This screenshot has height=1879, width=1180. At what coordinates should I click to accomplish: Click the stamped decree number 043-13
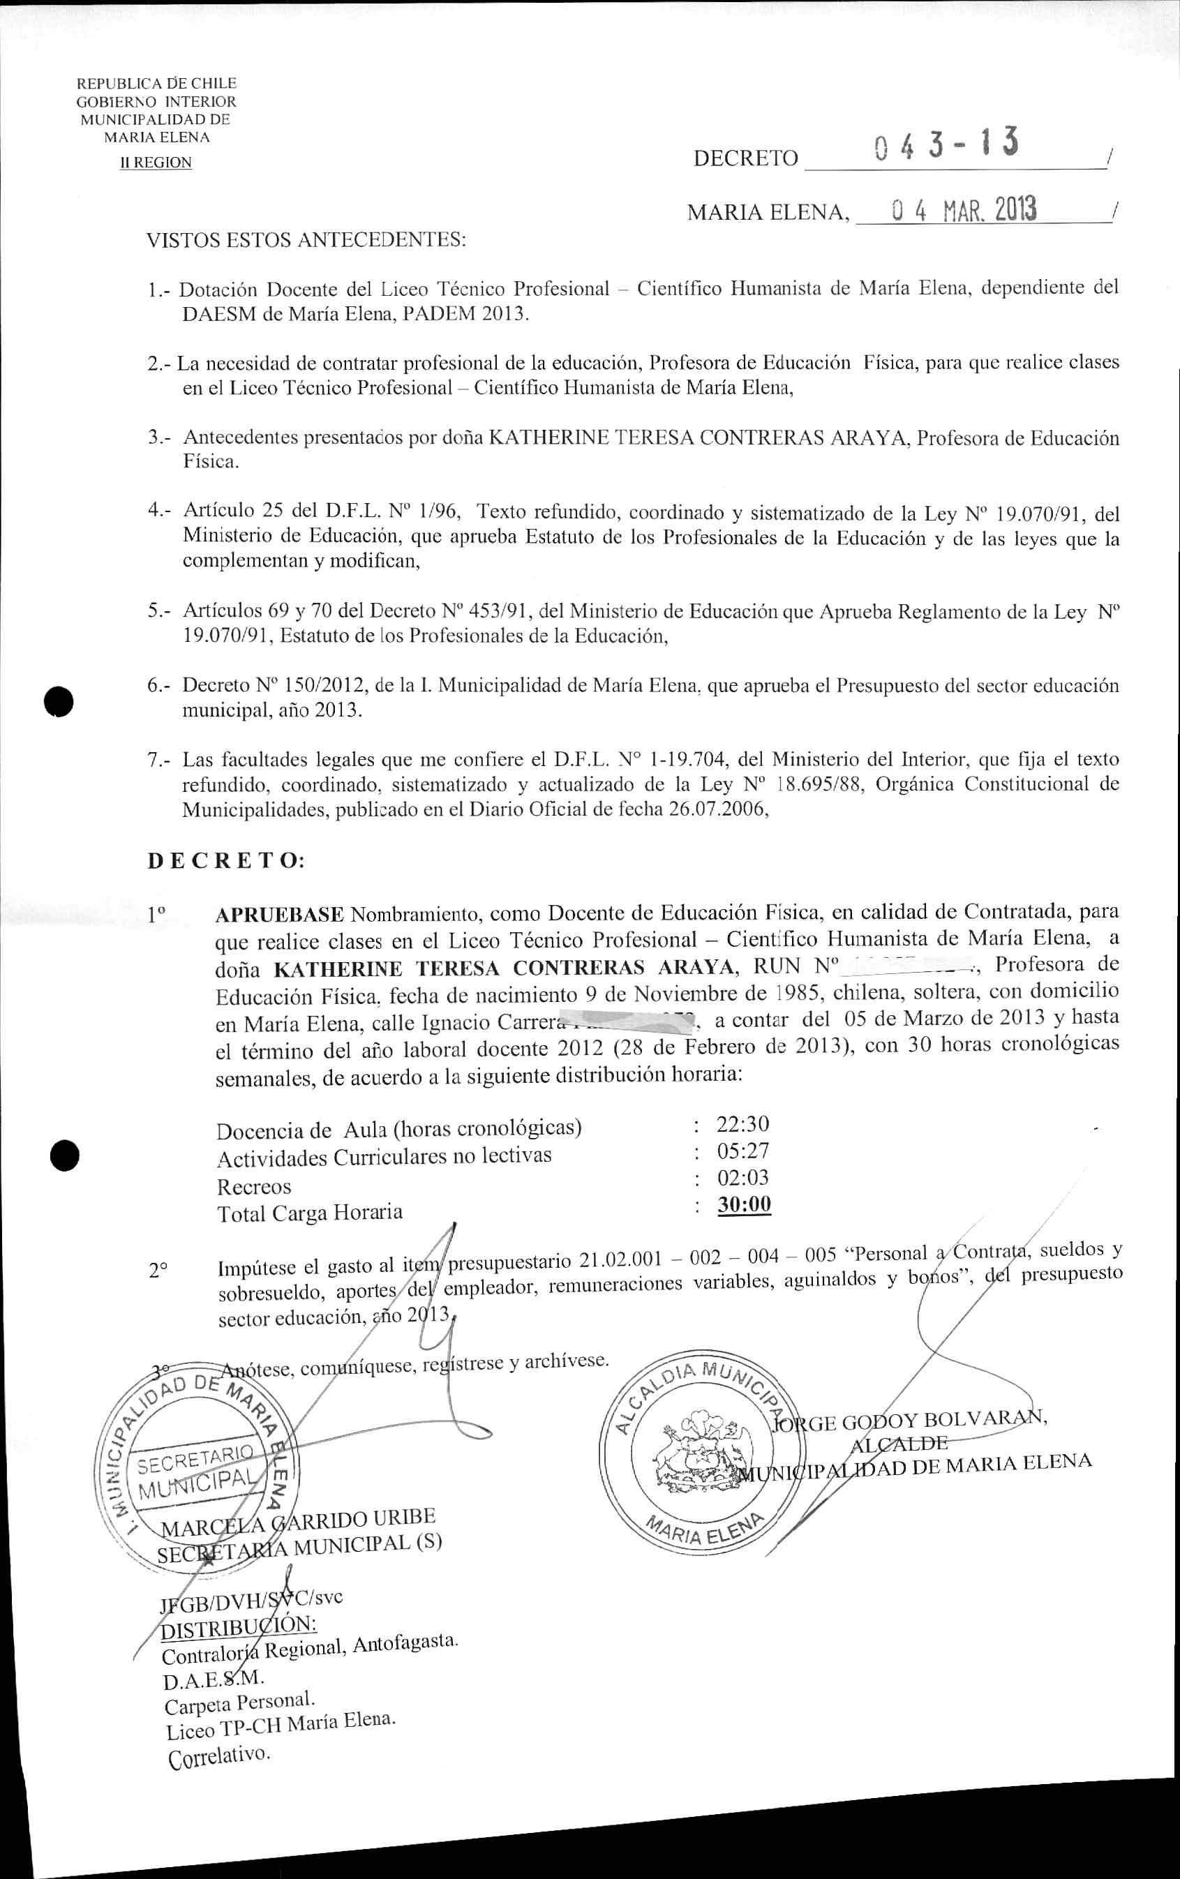(x=945, y=146)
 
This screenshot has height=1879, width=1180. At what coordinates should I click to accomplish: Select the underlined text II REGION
(x=156, y=163)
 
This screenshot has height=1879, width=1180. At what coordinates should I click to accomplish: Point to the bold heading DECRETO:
(x=226, y=861)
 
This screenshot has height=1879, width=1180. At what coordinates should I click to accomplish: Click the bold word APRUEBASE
(x=278, y=914)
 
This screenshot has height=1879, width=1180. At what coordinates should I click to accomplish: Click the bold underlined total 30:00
(x=744, y=1204)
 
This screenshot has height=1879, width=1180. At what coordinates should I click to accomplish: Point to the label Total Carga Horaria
(x=310, y=1213)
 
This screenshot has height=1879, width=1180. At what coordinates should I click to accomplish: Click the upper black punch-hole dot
(x=59, y=701)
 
